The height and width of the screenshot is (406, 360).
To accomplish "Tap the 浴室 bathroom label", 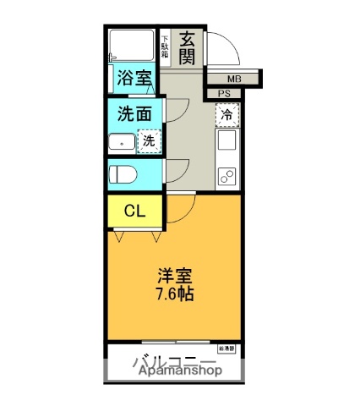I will [134, 78].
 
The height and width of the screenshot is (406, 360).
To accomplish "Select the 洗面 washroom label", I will [134, 112].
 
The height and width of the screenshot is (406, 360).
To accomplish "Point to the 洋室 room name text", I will [175, 277].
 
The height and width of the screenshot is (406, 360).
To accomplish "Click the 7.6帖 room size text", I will [175, 295].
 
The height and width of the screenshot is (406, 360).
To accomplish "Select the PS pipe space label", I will [224, 94].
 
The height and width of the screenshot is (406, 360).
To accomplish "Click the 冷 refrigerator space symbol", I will [226, 114].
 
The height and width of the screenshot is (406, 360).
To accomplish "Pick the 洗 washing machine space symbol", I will [148, 141].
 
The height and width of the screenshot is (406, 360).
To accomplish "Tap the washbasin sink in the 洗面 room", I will [123, 142].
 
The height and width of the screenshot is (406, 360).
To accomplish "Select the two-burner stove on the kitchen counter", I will [226, 176].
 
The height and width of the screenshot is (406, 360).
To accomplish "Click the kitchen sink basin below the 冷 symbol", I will [226, 141].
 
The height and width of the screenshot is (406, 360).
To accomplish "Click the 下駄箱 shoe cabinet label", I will [166, 47].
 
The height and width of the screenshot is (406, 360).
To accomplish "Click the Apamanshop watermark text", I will [176, 370].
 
